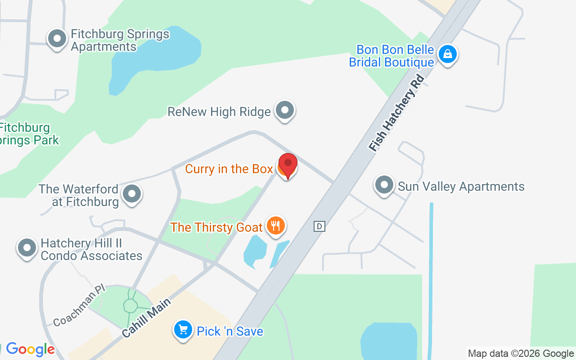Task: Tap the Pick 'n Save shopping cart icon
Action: [x=183, y=330]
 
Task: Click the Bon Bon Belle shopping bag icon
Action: [x=448, y=54]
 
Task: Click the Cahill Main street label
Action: [x=147, y=318]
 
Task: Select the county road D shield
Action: [x=319, y=226]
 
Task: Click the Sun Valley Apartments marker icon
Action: [x=384, y=184]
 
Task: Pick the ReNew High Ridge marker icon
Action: [x=284, y=110]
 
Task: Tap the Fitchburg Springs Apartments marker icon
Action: [x=57, y=39]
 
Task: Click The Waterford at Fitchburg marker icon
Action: [x=132, y=194]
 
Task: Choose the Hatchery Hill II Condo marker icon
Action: [x=27, y=247]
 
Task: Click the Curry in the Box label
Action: [x=229, y=169]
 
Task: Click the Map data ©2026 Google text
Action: [x=521, y=354]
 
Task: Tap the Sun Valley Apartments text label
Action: [x=461, y=186]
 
